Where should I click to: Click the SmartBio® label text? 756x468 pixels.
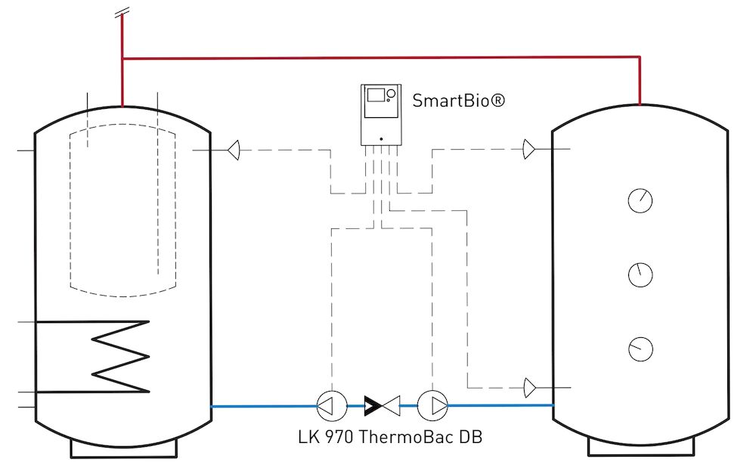(x=458, y=101)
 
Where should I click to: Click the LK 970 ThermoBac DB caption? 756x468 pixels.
(x=389, y=436)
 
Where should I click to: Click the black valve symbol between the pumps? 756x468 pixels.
(x=381, y=406)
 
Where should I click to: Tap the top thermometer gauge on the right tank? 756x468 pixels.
(x=640, y=201)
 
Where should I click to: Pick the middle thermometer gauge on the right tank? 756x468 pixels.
(x=640, y=274)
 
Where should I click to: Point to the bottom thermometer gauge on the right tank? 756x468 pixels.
(x=640, y=349)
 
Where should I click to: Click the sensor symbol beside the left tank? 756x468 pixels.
(x=234, y=150)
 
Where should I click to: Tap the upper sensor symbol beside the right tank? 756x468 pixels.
(x=528, y=150)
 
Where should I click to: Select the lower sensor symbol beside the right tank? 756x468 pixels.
(x=528, y=388)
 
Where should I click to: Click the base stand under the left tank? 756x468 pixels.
(x=123, y=449)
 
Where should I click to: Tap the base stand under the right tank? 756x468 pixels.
(x=640, y=447)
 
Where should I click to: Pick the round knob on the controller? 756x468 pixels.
(x=391, y=95)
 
